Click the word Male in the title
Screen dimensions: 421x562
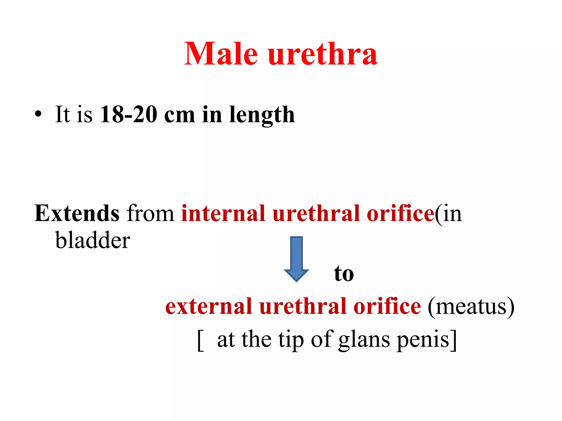click(x=221, y=54)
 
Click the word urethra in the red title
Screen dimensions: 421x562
click(x=323, y=54)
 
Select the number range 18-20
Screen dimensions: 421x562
click(x=128, y=114)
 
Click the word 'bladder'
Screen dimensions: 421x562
click(x=92, y=240)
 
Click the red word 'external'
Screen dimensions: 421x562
click(x=209, y=306)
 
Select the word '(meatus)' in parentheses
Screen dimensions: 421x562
click(x=471, y=307)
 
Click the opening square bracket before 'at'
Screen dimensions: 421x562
click(x=201, y=340)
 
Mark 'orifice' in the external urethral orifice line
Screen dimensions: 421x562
click(x=387, y=306)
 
